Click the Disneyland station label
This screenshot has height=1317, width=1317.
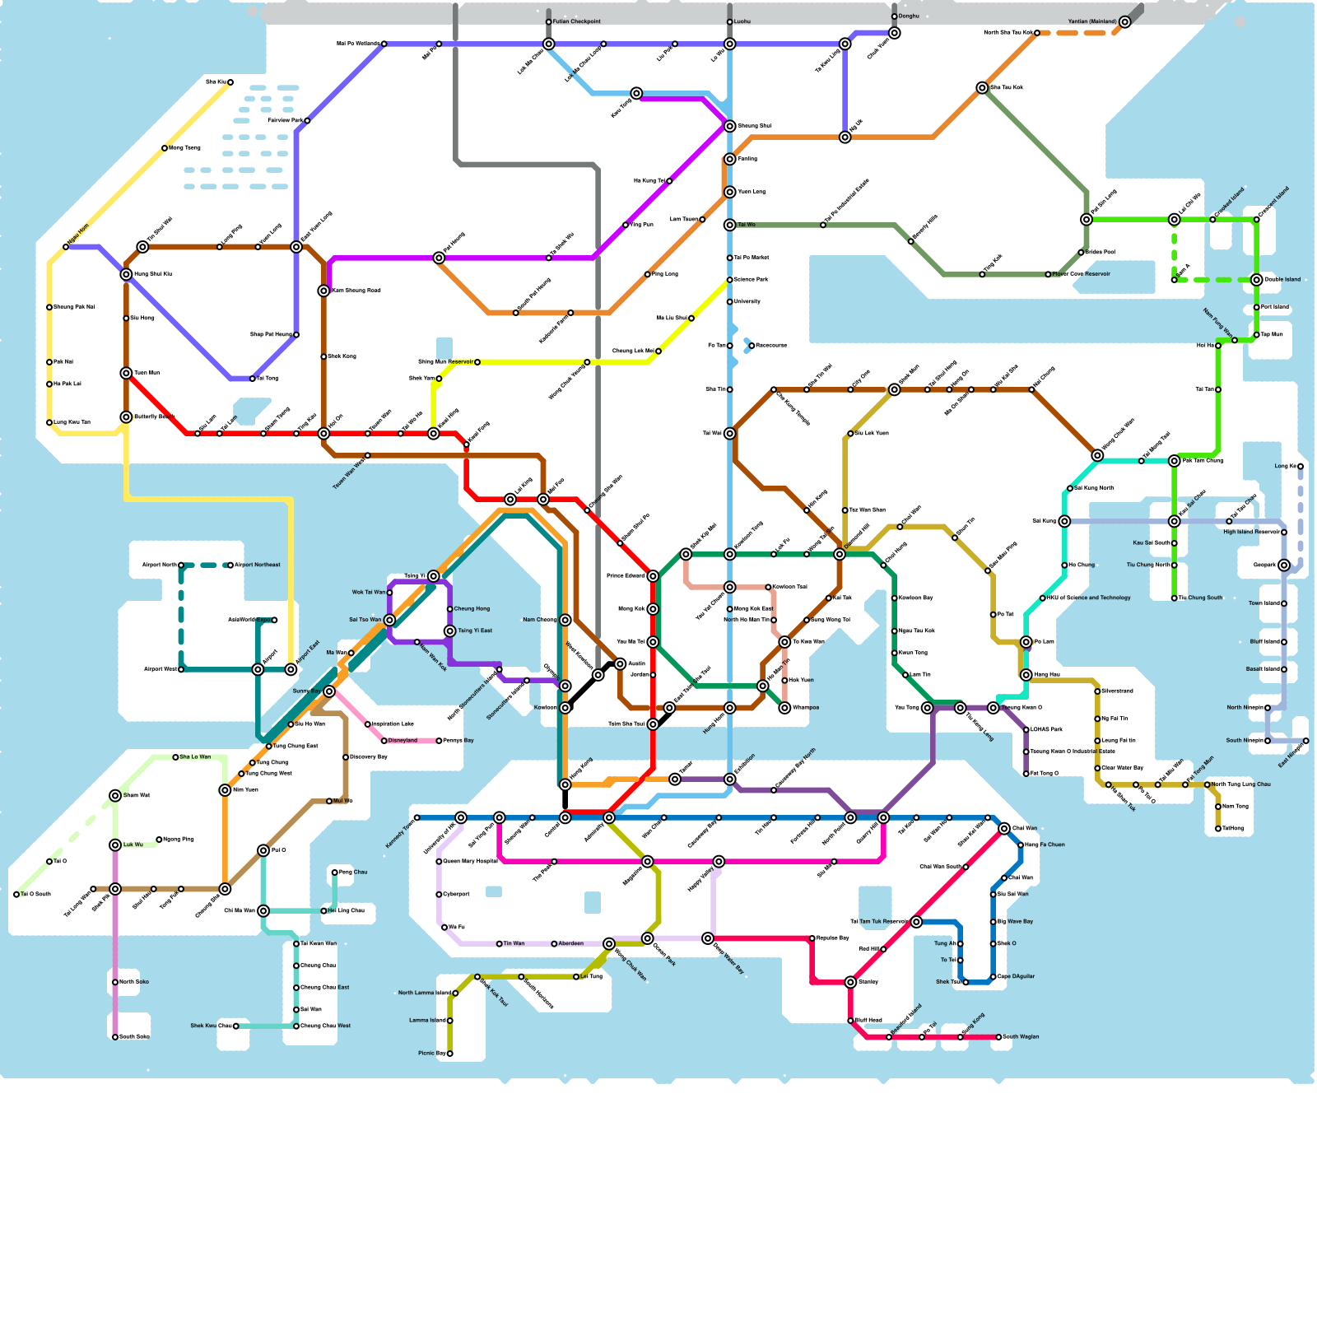(x=403, y=741)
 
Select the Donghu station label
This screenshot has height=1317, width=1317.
(x=909, y=16)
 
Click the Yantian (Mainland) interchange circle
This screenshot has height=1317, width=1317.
(x=1125, y=22)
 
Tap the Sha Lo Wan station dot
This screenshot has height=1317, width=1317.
(x=175, y=757)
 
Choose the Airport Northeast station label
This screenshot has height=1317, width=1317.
(x=258, y=565)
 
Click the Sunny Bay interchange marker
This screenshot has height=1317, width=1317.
(x=329, y=691)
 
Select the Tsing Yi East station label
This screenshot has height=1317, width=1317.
(x=475, y=631)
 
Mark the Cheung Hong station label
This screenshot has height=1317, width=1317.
(x=472, y=609)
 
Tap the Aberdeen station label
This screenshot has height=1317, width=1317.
(x=571, y=944)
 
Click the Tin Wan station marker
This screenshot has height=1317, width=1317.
(x=500, y=944)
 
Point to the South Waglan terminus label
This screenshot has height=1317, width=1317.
(x=1021, y=1037)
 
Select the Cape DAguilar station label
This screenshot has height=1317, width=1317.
(x=1017, y=977)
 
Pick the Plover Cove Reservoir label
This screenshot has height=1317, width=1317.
(x=1082, y=274)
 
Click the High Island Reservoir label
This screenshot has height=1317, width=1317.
(x=1251, y=533)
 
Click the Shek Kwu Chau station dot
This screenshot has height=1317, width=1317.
(x=236, y=1026)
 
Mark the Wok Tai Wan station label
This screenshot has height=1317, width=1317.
(x=369, y=593)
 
